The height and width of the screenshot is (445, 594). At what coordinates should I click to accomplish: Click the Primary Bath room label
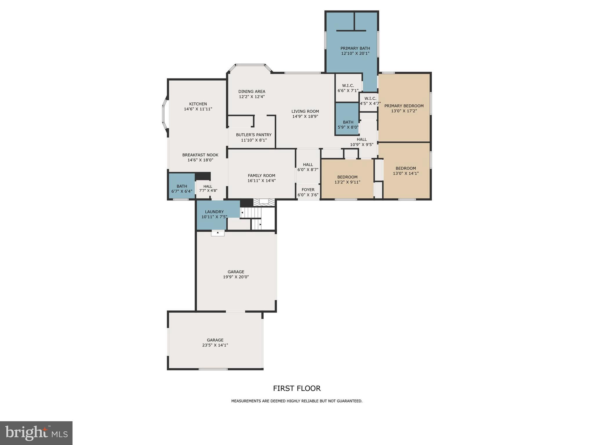pyautogui.click(x=355, y=48)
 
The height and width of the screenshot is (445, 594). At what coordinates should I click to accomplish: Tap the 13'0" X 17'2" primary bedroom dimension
pyautogui.click(x=404, y=111)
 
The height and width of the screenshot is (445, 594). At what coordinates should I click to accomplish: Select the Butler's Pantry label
pyautogui.click(x=253, y=135)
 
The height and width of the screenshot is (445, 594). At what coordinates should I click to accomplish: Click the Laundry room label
pyautogui.click(x=214, y=212)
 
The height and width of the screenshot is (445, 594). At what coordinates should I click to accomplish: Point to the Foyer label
pyautogui.click(x=308, y=190)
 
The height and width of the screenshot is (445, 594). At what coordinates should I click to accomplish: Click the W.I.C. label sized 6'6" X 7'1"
pyautogui.click(x=348, y=85)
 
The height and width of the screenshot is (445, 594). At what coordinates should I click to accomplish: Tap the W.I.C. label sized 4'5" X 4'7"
pyautogui.click(x=370, y=99)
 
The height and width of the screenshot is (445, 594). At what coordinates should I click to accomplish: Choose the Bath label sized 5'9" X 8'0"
pyautogui.click(x=348, y=122)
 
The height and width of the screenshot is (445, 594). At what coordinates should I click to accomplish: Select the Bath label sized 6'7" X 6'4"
pyautogui.click(x=182, y=186)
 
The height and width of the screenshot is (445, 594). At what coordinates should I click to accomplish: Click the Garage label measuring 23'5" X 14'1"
pyautogui.click(x=215, y=340)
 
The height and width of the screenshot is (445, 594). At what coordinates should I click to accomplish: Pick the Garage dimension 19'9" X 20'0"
pyautogui.click(x=236, y=277)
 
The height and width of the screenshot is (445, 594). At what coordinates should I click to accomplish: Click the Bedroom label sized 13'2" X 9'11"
pyautogui.click(x=347, y=177)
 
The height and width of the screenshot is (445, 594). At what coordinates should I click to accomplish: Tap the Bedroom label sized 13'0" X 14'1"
pyautogui.click(x=405, y=168)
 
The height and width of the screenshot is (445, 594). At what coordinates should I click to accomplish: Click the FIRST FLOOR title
pyautogui.click(x=297, y=388)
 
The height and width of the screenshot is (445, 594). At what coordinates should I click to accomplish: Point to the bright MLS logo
pyautogui.click(x=36, y=433)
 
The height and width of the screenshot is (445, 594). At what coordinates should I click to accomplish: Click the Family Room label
pyautogui.click(x=261, y=176)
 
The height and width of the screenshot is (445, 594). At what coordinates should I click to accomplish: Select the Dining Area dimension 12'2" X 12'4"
pyautogui.click(x=252, y=97)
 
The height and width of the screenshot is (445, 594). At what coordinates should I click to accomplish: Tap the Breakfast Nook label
pyautogui.click(x=200, y=155)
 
